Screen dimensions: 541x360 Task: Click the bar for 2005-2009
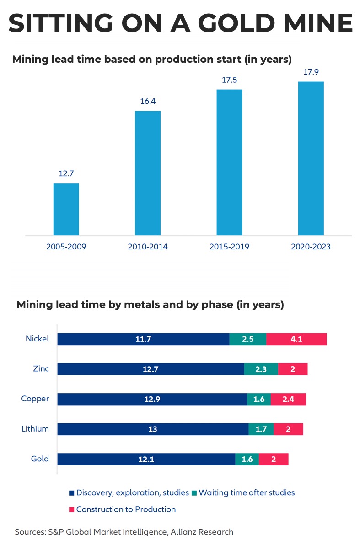point(66,209)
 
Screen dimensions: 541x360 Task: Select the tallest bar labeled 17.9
point(311,158)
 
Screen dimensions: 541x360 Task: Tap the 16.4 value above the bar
point(147,101)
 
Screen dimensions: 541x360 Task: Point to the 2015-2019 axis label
point(229,247)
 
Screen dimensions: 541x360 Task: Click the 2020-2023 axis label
point(311,247)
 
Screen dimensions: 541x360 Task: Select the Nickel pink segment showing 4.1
point(296,339)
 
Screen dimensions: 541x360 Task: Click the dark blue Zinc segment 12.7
point(150,369)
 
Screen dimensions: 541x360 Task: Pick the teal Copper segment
point(259,399)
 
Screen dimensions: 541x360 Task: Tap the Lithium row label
point(35,429)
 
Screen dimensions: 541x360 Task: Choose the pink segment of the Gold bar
point(274,459)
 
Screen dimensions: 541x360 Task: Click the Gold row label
point(40,459)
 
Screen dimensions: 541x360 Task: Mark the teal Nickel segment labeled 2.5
point(247,339)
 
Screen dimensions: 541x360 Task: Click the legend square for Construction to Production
point(71,509)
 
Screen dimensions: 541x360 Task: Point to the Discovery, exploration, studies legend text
point(132,493)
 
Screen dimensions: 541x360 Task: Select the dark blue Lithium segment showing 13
point(153,429)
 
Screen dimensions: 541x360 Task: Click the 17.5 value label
point(229,79)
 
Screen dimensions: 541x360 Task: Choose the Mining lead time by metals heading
point(150,305)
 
